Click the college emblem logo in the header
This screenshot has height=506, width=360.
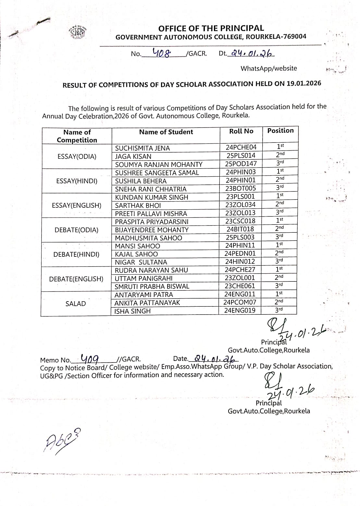[x=78, y=32]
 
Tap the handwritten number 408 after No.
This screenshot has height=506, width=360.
[x=161, y=53]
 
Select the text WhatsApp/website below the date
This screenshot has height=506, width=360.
[x=268, y=68]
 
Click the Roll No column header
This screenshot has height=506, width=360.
[x=241, y=131]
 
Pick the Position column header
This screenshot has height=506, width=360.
[x=280, y=130]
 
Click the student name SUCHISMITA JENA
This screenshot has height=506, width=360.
[x=143, y=148]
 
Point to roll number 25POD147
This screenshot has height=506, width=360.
[x=241, y=164]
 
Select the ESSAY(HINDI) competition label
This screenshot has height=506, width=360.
[x=77, y=181]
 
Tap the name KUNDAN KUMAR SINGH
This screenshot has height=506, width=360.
[x=152, y=197]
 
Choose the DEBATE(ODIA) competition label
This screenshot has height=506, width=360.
[x=76, y=230]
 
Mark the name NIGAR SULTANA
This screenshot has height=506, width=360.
[x=141, y=262]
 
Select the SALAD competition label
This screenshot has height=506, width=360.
[x=76, y=304]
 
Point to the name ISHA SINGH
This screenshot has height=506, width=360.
[x=132, y=311]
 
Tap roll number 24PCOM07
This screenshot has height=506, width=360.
[x=240, y=302]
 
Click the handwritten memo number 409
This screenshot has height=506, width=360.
[x=90, y=359]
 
